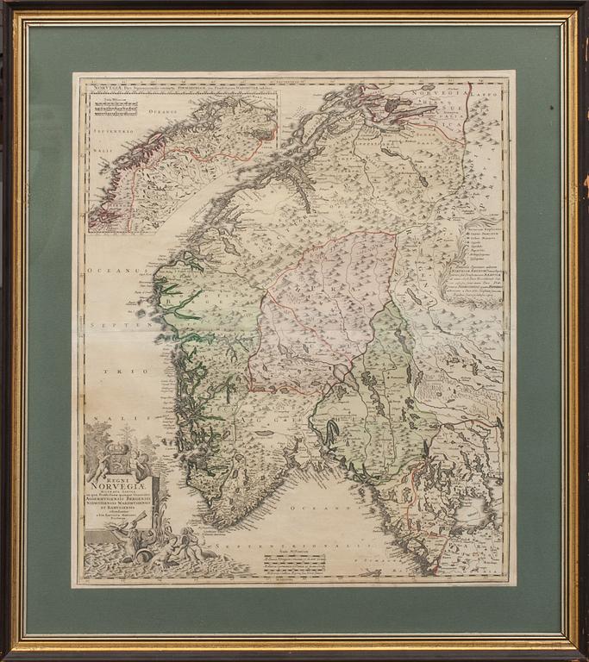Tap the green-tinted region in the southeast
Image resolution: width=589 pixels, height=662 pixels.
click(379, 405)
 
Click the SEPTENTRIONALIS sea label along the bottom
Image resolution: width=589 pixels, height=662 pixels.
click(285, 546)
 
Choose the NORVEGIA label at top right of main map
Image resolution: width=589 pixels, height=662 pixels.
click(435, 90)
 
